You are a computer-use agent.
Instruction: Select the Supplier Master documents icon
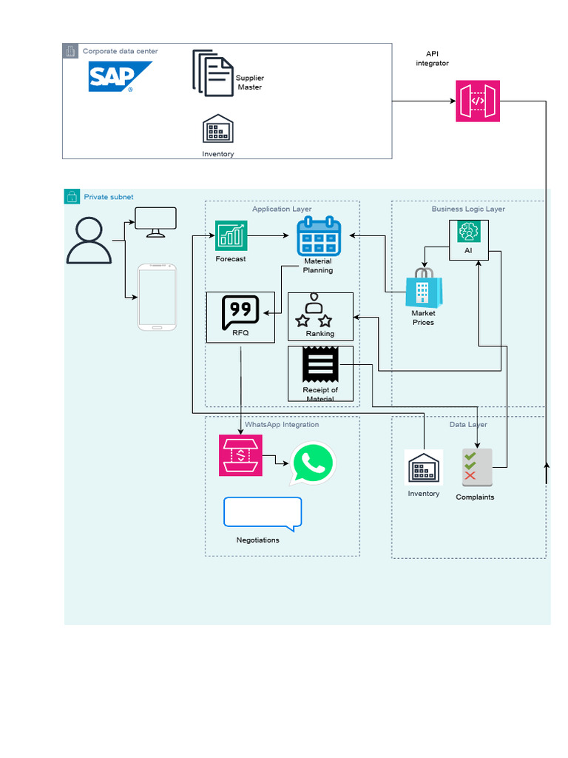pyautogui.click(x=213, y=73)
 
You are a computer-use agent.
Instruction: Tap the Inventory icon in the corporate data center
pyautogui.click(x=218, y=130)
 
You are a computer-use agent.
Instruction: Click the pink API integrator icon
pyautogui.click(x=478, y=101)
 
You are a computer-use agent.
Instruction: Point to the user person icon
pyautogui.click(x=89, y=241)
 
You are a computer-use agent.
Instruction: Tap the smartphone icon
pyautogui.click(x=158, y=297)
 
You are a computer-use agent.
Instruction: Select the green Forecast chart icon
pyautogui.click(x=231, y=236)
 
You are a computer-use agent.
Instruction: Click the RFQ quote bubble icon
pyautogui.click(x=240, y=313)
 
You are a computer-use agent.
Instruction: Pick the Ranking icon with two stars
pyautogui.click(x=314, y=311)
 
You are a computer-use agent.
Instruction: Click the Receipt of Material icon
pyautogui.click(x=320, y=366)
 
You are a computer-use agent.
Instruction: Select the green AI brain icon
pyautogui.click(x=468, y=232)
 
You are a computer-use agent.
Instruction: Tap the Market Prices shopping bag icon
pyautogui.click(x=424, y=289)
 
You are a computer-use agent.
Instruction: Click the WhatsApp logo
pyautogui.click(x=313, y=463)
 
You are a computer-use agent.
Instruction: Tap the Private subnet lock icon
pyautogui.click(x=72, y=197)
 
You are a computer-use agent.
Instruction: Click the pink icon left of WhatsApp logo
pyautogui.click(x=240, y=455)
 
